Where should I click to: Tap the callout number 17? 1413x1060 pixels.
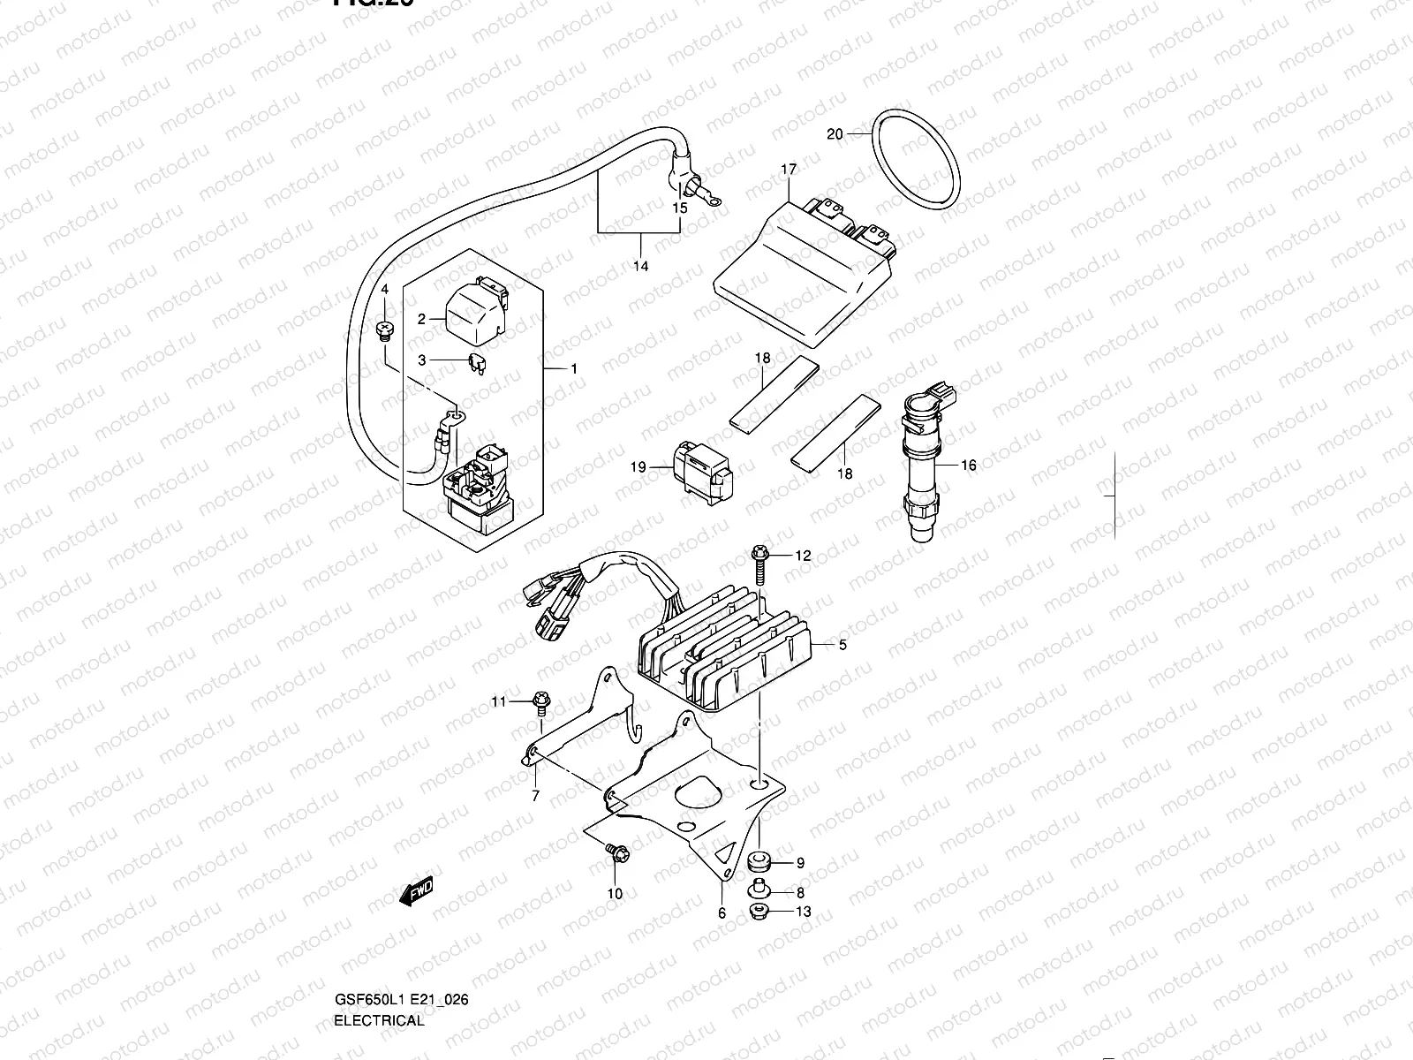pyautogui.click(x=788, y=170)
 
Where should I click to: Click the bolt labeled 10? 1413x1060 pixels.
pyautogui.click(x=616, y=853)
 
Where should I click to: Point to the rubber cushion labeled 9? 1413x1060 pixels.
pyautogui.click(x=759, y=860)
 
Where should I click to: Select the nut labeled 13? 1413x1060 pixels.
pyautogui.click(x=757, y=912)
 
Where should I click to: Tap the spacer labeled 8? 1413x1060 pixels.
pyautogui.click(x=758, y=890)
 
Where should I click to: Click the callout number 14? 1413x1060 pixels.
pyautogui.click(x=640, y=266)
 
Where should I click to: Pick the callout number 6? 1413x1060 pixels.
pyautogui.click(x=722, y=914)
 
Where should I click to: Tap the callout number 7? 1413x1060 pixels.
pyautogui.click(x=535, y=796)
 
